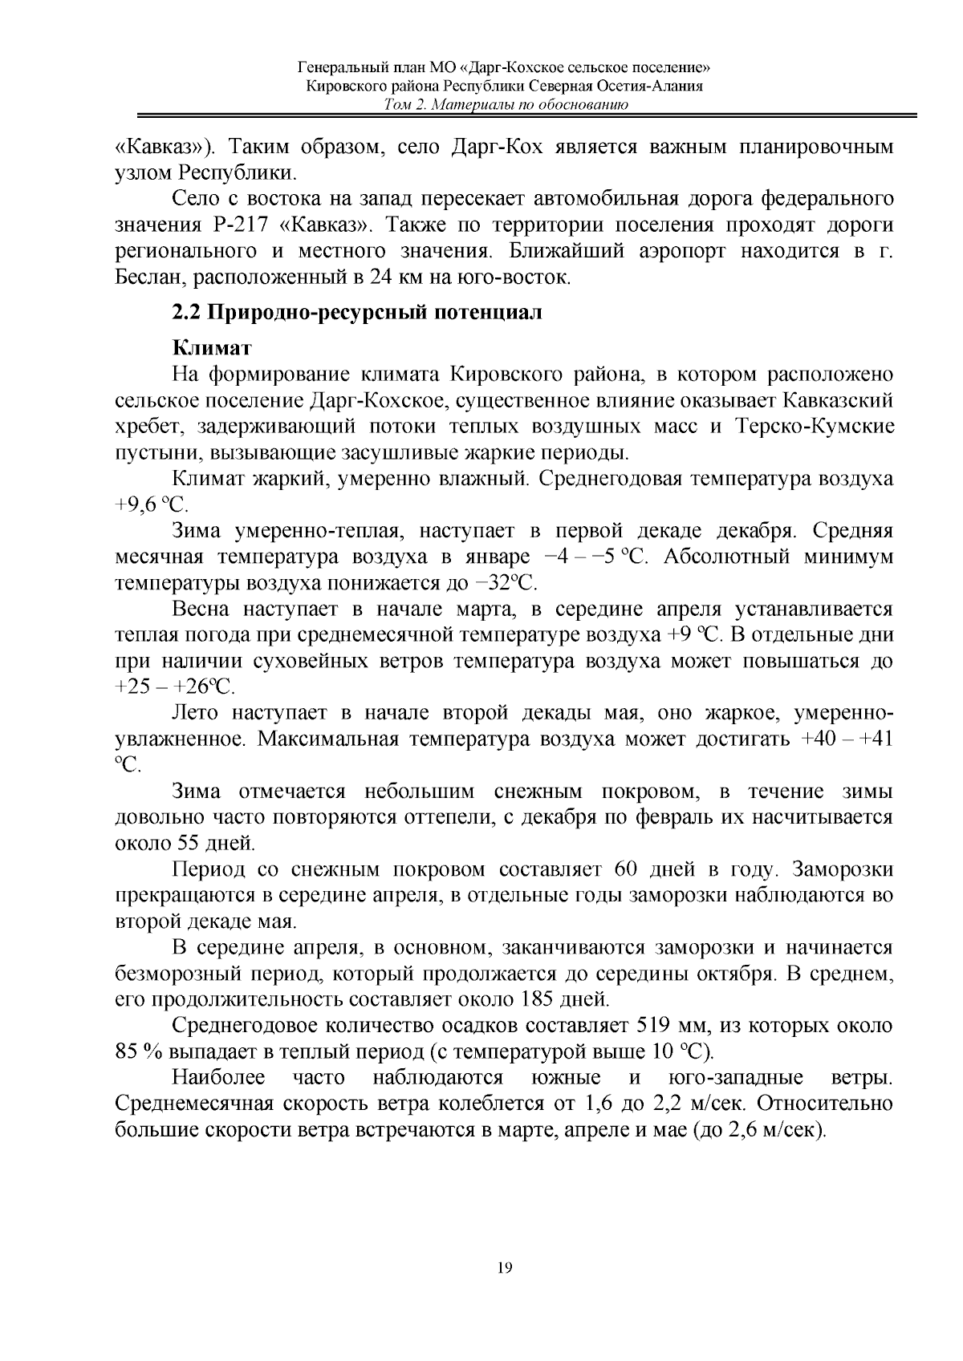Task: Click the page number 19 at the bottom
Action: click(x=505, y=1267)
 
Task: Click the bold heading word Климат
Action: click(x=212, y=349)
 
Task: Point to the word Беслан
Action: click(x=145, y=277)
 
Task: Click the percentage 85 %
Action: click(x=139, y=1051)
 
